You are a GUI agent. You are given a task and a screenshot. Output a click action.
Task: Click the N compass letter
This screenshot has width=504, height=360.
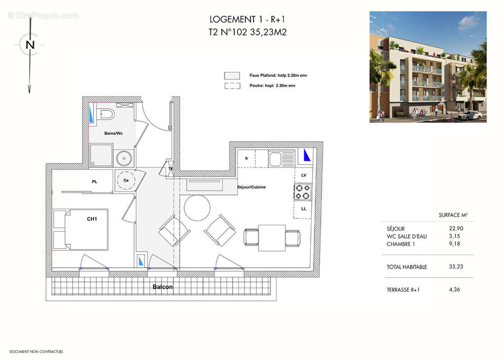(30, 45)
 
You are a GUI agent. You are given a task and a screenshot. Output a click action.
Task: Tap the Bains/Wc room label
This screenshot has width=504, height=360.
(113, 133)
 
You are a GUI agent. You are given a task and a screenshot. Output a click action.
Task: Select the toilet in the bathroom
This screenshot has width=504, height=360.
(107, 114)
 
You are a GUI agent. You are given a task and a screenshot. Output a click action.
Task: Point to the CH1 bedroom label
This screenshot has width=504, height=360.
(92, 219)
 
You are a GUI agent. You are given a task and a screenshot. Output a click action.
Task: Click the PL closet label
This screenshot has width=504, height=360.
(94, 182)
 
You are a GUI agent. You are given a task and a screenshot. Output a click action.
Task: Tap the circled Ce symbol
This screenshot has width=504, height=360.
(126, 180)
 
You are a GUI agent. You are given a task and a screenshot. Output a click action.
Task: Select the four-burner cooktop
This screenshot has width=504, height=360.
(303, 192)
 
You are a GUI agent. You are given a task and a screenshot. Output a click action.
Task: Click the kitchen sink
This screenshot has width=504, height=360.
(275, 159)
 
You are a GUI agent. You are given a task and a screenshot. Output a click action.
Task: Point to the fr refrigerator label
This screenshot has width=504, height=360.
(247, 158)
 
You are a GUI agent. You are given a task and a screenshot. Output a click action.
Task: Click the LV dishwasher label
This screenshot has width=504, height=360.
(304, 175)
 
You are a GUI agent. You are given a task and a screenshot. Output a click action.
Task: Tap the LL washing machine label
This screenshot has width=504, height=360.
(304, 209)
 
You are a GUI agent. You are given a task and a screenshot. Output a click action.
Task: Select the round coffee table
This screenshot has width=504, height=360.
(197, 208)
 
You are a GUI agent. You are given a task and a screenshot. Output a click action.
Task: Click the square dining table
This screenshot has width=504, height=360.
(272, 238)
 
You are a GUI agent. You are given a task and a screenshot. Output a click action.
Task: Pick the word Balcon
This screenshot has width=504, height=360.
(162, 287)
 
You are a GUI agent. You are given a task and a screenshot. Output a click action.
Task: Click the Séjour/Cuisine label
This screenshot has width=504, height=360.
(252, 187)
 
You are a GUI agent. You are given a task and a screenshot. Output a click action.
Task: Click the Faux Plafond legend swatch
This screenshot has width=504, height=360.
(232, 76)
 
